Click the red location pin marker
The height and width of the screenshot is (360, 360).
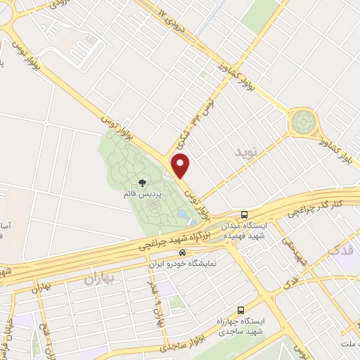(181, 165)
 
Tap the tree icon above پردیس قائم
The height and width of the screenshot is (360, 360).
(144, 184)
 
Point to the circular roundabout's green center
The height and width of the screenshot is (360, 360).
(303, 122)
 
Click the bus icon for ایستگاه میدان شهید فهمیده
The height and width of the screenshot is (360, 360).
(243, 214)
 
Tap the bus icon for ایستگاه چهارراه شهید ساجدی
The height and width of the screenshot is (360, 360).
(241, 310)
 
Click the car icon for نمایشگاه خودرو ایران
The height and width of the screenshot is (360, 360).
(182, 252)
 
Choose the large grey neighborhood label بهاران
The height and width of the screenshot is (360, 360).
(101, 279)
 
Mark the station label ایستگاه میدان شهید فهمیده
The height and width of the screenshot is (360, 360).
(246, 231)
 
